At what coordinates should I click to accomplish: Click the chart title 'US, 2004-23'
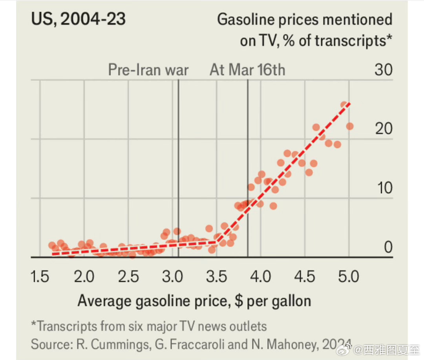(79, 19)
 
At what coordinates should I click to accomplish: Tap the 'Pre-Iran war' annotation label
(148, 70)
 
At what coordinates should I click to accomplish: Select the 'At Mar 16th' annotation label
(247, 70)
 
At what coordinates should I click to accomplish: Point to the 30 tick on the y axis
(383, 70)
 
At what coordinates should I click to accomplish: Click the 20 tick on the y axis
(383, 129)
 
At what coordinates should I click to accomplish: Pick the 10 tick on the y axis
(383, 188)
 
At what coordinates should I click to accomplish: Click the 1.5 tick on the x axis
(41, 277)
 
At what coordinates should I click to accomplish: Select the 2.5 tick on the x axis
(129, 277)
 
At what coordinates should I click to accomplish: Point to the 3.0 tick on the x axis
(173, 277)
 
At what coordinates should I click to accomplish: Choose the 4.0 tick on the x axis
(261, 277)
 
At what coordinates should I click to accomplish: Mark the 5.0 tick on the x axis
(349, 277)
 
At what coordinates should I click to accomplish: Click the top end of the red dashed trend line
(349, 103)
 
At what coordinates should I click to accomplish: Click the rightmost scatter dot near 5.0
(349, 126)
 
